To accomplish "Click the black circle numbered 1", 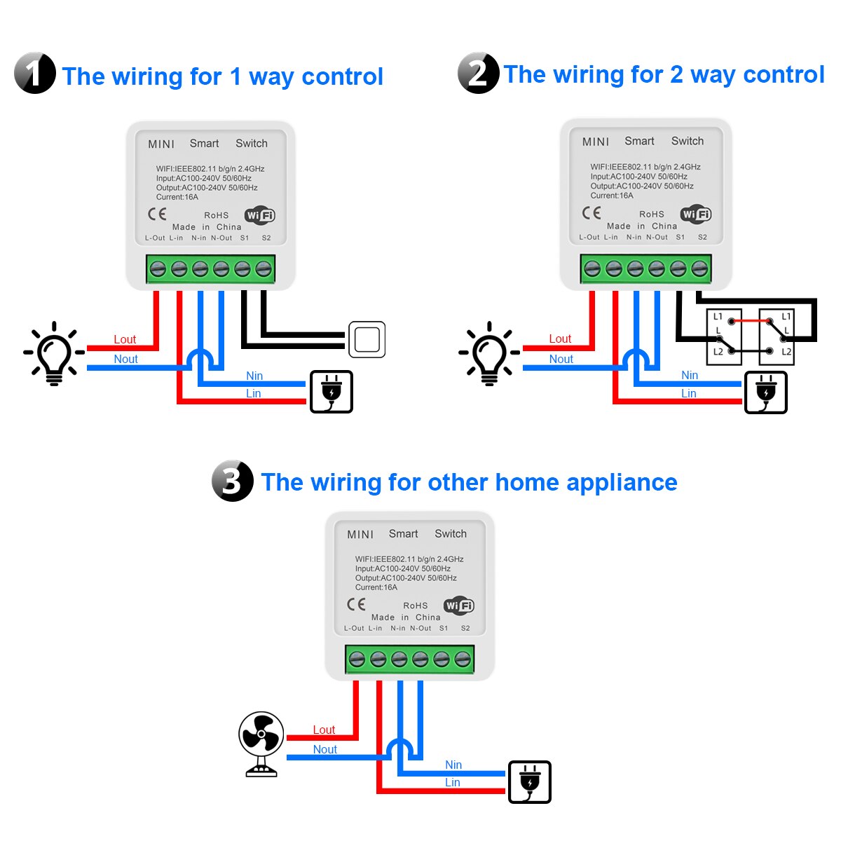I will (x=35, y=73).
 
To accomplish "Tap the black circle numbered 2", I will (x=478, y=73).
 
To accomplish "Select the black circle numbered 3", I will (x=233, y=481).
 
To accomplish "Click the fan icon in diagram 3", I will (x=261, y=744).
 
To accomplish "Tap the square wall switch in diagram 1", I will (x=367, y=340).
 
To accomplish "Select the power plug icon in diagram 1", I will (x=331, y=392).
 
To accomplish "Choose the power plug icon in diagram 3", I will (x=530, y=781).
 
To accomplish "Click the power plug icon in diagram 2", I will (x=766, y=392).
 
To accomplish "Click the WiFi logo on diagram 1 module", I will (x=259, y=216).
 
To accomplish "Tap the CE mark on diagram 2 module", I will (x=592, y=212).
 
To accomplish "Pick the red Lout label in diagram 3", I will (x=324, y=730).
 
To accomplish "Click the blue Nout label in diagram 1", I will (x=126, y=359).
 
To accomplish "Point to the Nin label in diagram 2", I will (x=690, y=375).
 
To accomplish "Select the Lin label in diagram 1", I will (x=253, y=393).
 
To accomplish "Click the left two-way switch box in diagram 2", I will (x=723, y=336).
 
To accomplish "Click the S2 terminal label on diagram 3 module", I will (x=465, y=628).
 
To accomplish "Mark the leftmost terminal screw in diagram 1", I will (x=158, y=268).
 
